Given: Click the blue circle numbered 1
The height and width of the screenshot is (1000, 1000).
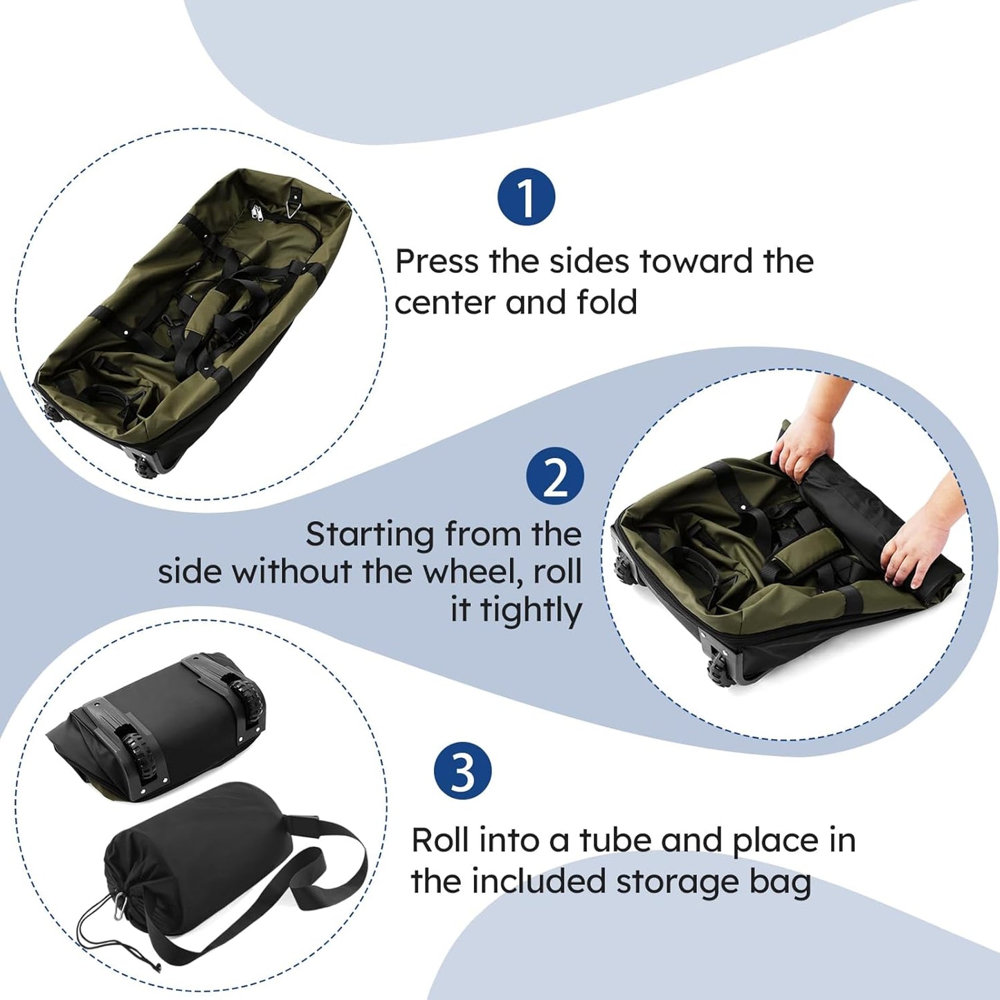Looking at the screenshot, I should click(526, 197).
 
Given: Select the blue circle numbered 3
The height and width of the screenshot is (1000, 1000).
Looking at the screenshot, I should click(462, 771).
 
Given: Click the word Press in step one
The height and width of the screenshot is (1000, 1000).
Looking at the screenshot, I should click(437, 262).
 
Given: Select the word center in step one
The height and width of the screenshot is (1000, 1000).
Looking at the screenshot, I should click(444, 303).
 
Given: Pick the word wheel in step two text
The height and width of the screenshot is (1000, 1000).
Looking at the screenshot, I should click(473, 572).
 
